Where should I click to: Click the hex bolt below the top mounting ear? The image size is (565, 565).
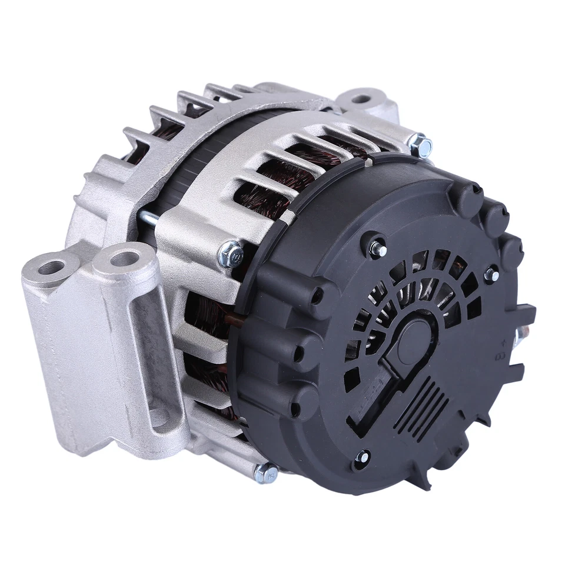click(421, 145)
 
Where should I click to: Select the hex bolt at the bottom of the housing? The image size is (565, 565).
click(267, 473)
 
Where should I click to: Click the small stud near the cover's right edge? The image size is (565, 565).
click(491, 275)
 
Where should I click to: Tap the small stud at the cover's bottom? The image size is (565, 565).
click(363, 457)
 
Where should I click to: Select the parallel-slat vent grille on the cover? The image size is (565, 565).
click(420, 407)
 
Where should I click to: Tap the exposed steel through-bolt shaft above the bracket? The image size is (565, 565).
click(147, 220)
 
